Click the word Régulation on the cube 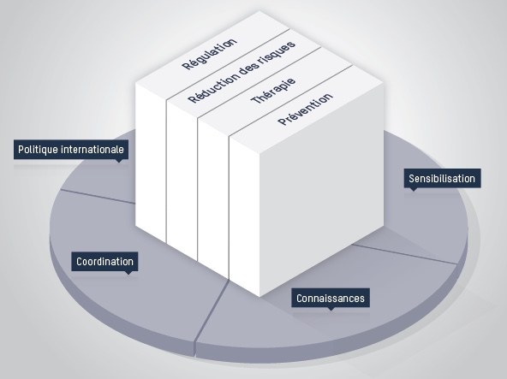210,54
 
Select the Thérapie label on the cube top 273,90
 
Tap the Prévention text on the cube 305,109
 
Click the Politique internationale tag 71,150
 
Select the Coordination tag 104,262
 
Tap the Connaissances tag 331,298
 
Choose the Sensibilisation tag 442,178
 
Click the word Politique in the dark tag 38,150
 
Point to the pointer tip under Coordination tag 128,275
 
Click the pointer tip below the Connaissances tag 331,311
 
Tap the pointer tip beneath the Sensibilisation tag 414,191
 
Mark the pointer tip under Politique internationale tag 119,163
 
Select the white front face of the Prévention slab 244,215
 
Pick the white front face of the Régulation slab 151,162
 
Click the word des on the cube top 251,68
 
